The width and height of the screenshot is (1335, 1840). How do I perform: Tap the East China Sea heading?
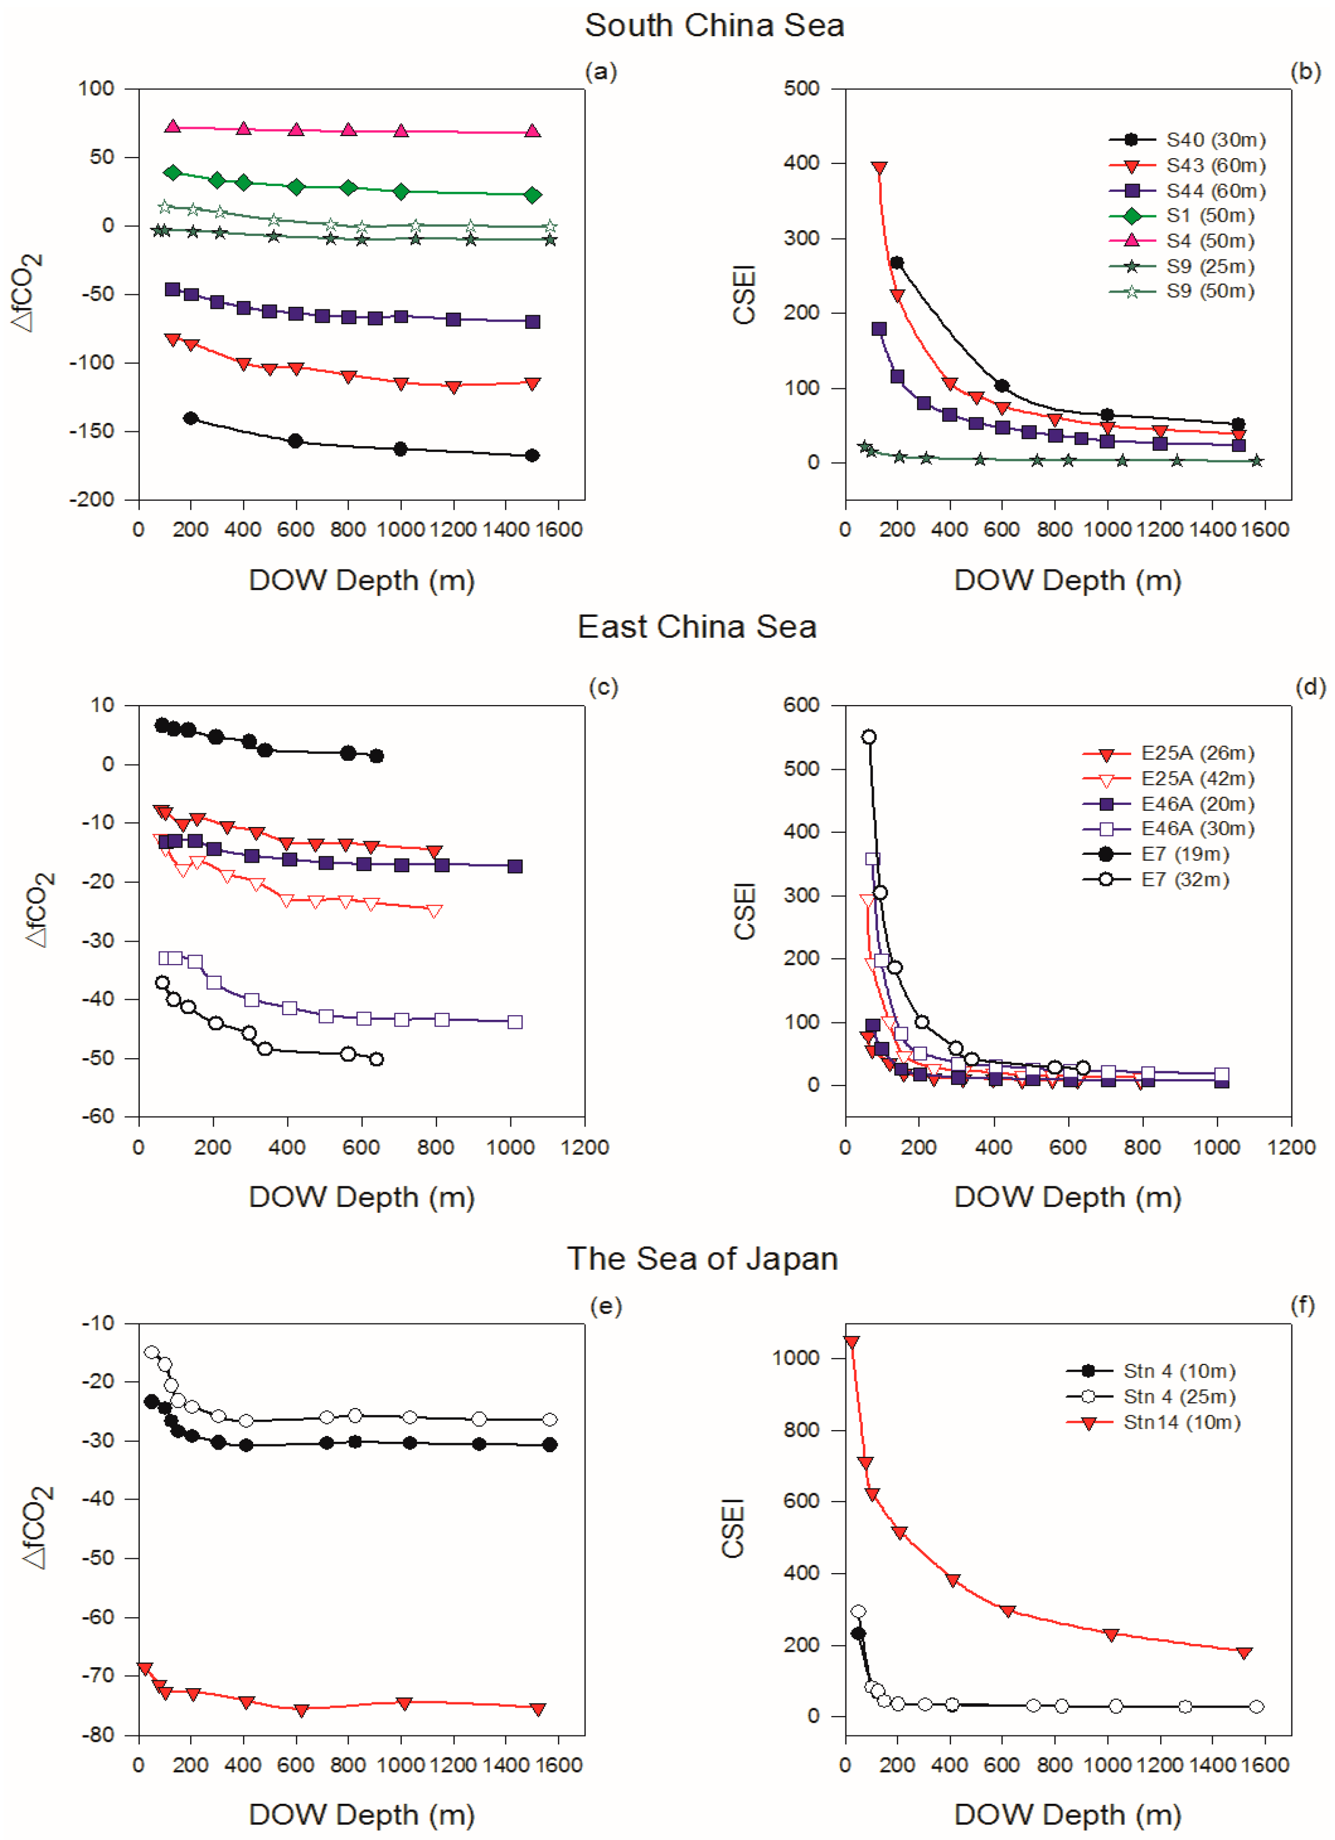[x=697, y=627]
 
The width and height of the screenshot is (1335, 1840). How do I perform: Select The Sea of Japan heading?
[x=702, y=1258]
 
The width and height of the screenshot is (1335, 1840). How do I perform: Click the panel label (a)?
[x=601, y=72]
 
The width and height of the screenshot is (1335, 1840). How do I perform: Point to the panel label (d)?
[x=1310, y=687]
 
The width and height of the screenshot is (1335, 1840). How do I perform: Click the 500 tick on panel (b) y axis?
[x=801, y=88]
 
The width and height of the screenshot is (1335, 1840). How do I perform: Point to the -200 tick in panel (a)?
[x=92, y=500]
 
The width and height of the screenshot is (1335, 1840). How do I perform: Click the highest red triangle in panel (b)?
[x=879, y=168]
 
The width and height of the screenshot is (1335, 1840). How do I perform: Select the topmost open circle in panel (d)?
[x=869, y=737]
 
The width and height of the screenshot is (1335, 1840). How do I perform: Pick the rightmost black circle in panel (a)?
[x=532, y=455]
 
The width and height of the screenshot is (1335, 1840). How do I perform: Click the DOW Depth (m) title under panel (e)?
[x=362, y=1815]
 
